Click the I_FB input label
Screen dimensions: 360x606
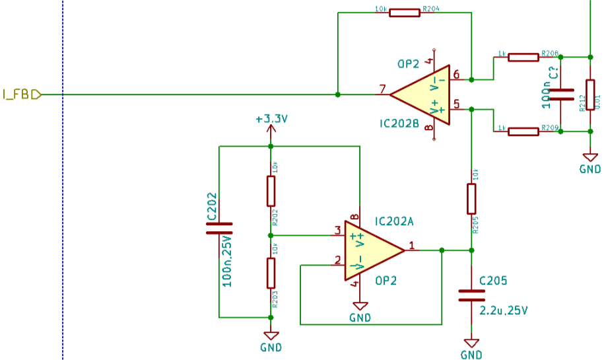[20, 94]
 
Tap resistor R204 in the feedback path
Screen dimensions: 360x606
[404, 12]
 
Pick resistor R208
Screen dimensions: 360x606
[523, 57]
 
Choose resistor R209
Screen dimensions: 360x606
[523, 131]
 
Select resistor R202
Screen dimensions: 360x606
[271, 191]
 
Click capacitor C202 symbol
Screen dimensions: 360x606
[219, 229]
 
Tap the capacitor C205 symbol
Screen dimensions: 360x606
[471, 295]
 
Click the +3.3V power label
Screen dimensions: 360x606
[271, 120]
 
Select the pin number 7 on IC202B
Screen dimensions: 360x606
[382, 89]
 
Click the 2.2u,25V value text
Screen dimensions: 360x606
[503, 309]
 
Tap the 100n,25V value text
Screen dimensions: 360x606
[227, 261]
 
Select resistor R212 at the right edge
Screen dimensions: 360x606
[589, 94]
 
